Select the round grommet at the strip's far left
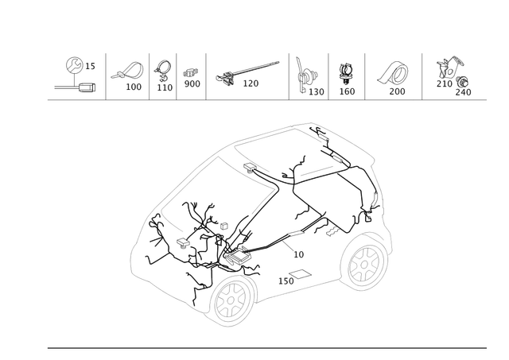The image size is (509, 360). pyautogui.click(x=73, y=64)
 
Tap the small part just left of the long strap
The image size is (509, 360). pyautogui.click(x=191, y=76)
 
